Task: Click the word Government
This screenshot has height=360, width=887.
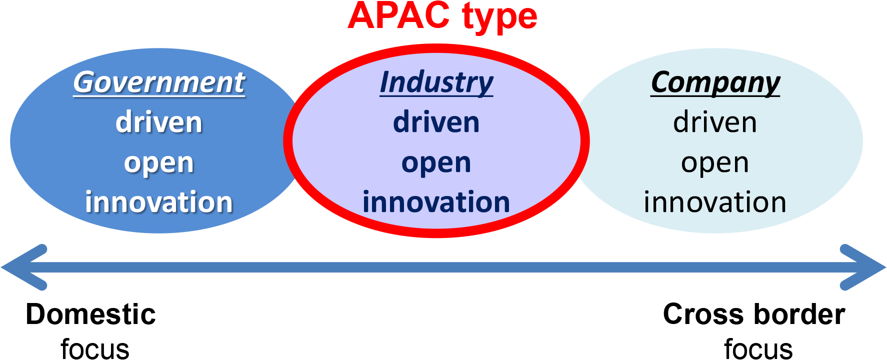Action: point(159,82)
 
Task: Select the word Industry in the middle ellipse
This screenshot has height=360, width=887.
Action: point(436,82)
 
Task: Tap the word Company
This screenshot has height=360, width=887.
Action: point(715,83)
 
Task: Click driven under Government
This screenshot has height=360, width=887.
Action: point(159,122)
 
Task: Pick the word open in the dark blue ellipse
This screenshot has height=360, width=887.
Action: point(159,164)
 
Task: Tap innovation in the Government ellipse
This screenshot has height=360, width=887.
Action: point(159,202)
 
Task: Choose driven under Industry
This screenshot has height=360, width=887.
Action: point(436,122)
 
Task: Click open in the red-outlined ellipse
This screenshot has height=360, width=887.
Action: point(436,164)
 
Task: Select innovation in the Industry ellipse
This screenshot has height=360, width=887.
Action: point(436,202)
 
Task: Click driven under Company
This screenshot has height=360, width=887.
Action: point(715,122)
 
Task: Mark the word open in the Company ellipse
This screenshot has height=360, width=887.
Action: point(715,164)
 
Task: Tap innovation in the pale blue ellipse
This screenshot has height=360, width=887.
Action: point(715,202)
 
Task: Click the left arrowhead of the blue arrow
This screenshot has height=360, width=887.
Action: point(22,267)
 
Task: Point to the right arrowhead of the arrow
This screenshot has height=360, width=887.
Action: point(864,267)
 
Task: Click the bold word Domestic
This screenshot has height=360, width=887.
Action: point(91,314)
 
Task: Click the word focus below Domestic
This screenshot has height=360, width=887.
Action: point(95,348)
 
